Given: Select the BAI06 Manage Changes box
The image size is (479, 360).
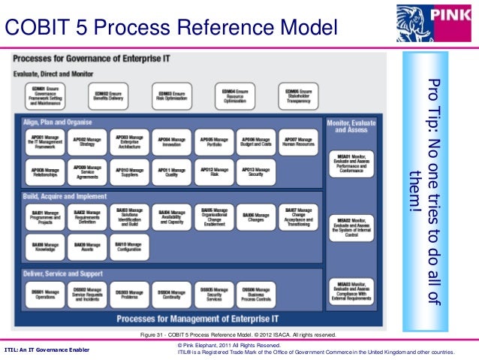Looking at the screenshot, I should pos(256,216).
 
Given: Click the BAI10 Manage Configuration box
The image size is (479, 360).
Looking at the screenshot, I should pos(131,246).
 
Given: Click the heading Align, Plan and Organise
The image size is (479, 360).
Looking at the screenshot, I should pos(58,122).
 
